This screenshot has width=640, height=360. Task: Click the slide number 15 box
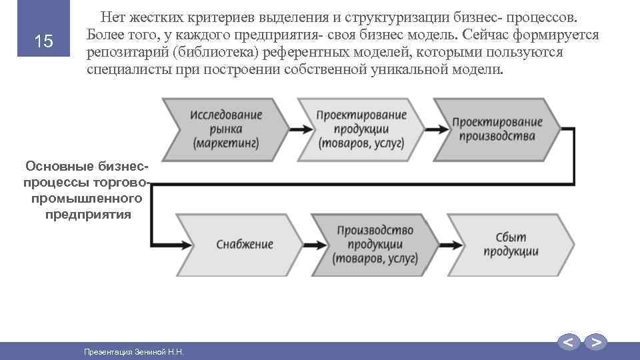(43, 41)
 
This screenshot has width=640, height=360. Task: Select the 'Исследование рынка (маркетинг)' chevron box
(227, 129)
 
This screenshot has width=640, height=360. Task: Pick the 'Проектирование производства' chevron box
(497, 129)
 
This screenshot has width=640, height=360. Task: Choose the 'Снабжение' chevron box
(244, 244)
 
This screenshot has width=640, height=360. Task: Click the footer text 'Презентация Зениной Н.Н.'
(133, 351)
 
